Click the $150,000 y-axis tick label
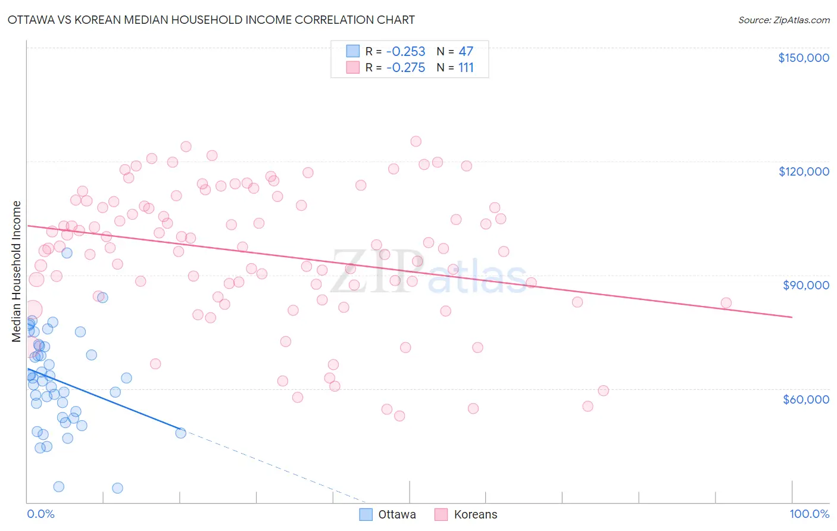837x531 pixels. (x=803, y=58)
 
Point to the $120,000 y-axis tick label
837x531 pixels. (x=803, y=171)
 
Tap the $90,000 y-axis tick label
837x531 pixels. (x=805, y=285)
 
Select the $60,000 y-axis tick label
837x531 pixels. (x=805, y=399)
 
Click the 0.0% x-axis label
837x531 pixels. (x=40, y=514)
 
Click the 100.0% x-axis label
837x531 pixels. (x=809, y=514)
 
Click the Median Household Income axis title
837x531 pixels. (x=17, y=271)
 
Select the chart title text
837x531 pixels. (x=211, y=20)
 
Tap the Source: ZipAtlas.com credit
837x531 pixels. (x=783, y=20)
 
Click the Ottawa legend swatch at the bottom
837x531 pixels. (x=366, y=514)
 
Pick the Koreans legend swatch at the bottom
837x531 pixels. (x=441, y=514)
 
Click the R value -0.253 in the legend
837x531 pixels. (x=405, y=52)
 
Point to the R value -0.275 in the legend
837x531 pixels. (x=405, y=68)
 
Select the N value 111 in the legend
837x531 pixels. (x=466, y=68)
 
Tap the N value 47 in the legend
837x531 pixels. (x=466, y=52)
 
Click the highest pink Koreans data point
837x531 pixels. (x=416, y=142)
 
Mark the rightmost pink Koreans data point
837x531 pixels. (x=726, y=303)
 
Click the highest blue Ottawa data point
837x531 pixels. (x=67, y=253)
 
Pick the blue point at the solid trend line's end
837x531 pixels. (x=180, y=433)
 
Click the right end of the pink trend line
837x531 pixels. (x=792, y=317)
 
